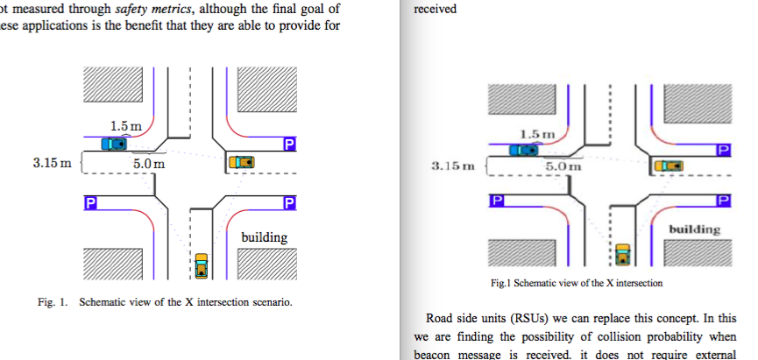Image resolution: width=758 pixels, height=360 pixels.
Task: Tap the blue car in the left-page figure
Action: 113,144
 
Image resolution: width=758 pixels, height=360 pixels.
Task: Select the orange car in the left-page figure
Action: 241,162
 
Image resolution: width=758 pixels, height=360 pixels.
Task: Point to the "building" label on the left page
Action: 264,237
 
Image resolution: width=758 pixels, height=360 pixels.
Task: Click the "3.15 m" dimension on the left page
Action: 52,163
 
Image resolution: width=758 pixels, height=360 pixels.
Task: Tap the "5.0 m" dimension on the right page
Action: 563,166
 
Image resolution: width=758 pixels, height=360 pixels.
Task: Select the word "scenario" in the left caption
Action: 269,302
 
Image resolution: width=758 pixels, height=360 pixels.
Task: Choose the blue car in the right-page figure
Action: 523,151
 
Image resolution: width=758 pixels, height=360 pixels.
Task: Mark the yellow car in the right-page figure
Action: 623,252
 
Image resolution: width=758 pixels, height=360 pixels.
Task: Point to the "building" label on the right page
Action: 694,229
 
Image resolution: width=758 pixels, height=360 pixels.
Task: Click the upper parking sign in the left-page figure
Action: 290,144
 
